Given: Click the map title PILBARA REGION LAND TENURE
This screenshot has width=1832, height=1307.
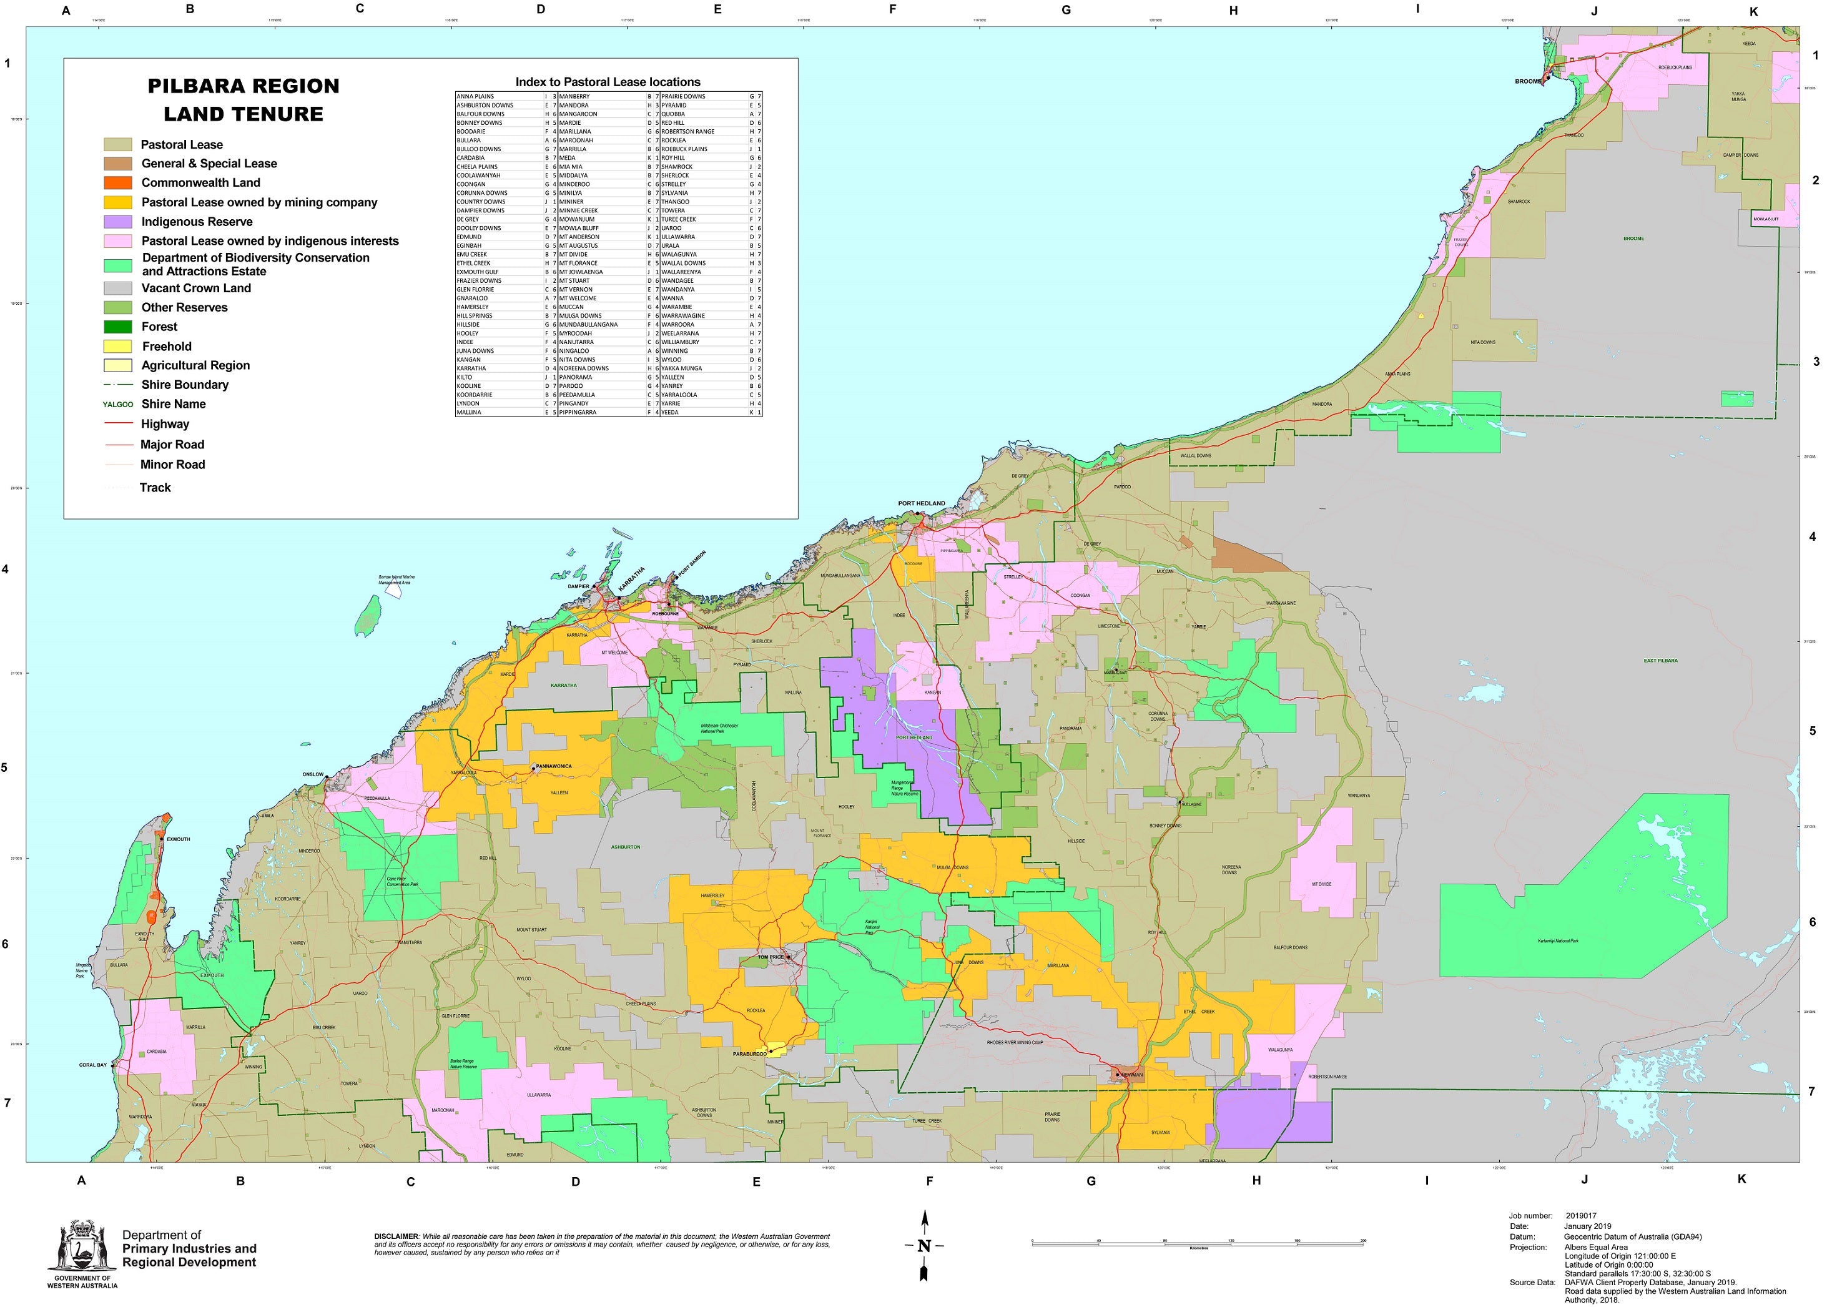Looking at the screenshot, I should (x=243, y=100).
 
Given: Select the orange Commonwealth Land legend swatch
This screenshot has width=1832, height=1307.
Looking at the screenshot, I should (x=117, y=183).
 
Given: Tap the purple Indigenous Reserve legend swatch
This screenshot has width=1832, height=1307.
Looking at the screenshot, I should (x=117, y=221).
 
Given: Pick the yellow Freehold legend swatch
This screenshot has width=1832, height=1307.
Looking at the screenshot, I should (x=117, y=346).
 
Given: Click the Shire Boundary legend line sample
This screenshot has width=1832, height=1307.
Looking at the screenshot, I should (x=117, y=385).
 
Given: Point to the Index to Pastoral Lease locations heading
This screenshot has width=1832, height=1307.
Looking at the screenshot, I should (x=608, y=82).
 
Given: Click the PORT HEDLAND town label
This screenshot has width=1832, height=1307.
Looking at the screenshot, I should (x=921, y=503).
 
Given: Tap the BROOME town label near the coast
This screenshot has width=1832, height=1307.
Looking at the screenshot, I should (x=1527, y=81).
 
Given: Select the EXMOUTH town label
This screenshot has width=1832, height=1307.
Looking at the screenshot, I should (x=179, y=839).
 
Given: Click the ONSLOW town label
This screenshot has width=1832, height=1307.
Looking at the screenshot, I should (x=313, y=774).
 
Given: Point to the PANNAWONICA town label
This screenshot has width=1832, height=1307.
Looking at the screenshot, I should (x=554, y=766).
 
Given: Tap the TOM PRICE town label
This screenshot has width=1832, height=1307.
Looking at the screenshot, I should (x=770, y=957).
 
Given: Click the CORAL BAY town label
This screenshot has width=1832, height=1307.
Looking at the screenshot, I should (x=92, y=1065).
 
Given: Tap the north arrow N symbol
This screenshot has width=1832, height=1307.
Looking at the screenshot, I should (x=923, y=1246).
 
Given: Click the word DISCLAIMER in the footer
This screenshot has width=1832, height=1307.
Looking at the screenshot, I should (x=396, y=1236).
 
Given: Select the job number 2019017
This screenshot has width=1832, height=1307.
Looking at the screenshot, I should (x=1581, y=1216).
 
